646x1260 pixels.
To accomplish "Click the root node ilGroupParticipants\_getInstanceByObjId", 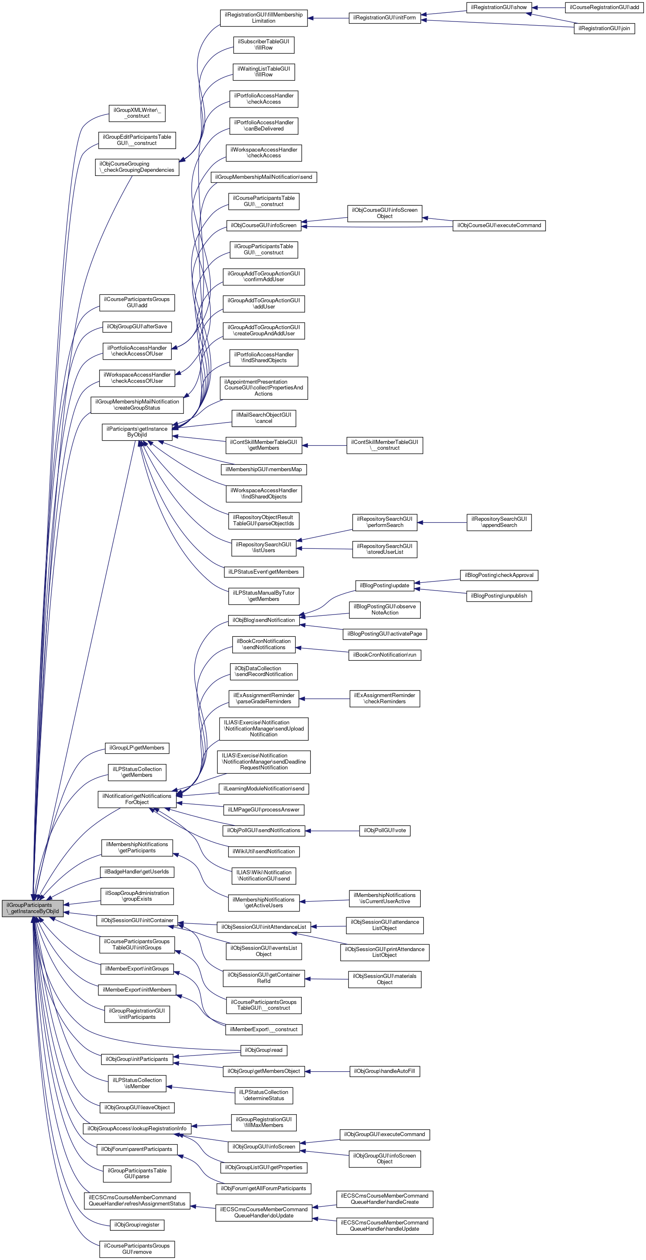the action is tap(33, 908).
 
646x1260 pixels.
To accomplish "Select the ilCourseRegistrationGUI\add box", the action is tap(604, 7).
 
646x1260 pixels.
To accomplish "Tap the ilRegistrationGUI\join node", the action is tap(604, 28).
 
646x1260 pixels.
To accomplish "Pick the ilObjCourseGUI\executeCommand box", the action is tap(499, 225).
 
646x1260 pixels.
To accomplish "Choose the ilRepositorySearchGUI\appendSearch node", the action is tap(499, 522).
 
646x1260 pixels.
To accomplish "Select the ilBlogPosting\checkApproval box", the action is tap(499, 575).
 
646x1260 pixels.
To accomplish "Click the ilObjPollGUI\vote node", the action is tap(385, 831).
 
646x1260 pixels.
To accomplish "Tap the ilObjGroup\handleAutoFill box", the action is tap(385, 1071).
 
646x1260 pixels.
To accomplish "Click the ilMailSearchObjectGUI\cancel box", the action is tap(264, 418).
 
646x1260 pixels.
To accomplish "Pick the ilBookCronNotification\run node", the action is tap(385, 655).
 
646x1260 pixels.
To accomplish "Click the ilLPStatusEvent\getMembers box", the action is tap(264, 572).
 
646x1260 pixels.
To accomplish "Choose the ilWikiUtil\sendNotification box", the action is tap(264, 852).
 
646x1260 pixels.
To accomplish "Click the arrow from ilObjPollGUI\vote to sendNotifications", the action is tap(332, 831).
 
